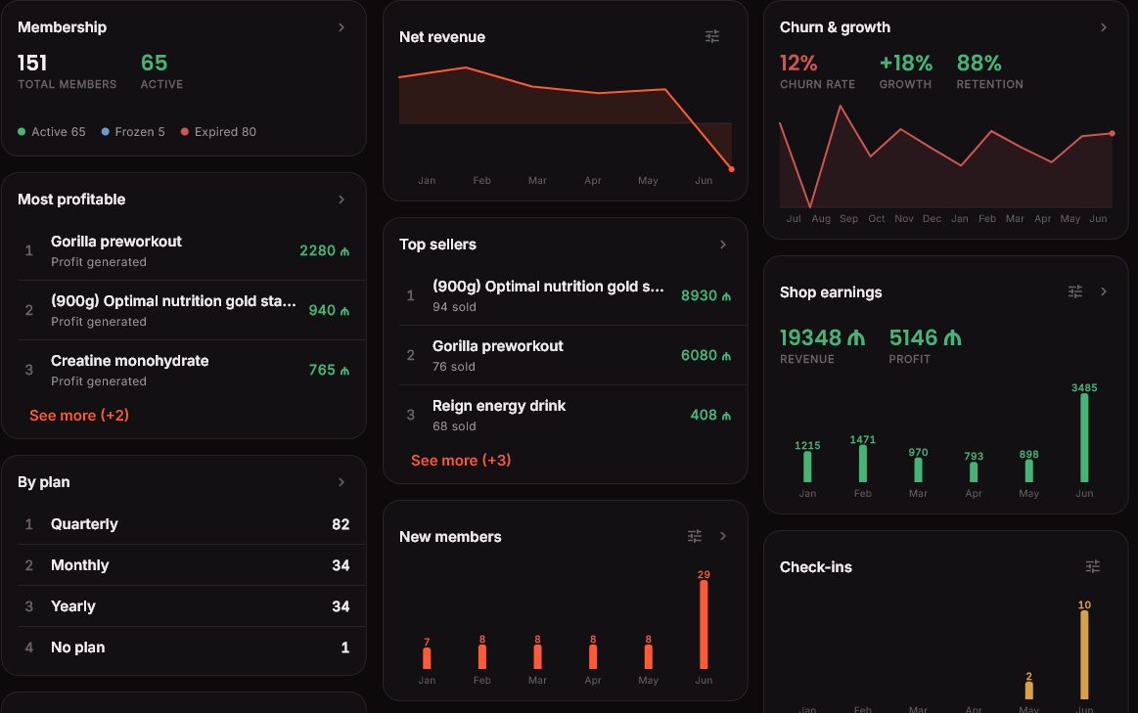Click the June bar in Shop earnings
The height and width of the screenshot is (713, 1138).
(x=1084, y=438)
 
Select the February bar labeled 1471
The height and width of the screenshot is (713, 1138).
(x=863, y=464)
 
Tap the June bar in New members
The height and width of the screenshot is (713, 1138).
(x=704, y=625)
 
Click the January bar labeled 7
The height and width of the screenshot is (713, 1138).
(x=427, y=658)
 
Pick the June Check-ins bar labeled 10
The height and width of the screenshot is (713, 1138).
(x=1084, y=655)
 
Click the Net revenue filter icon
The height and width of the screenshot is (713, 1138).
(x=712, y=36)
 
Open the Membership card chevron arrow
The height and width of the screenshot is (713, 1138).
(x=341, y=27)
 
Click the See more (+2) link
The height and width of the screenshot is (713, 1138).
(x=79, y=416)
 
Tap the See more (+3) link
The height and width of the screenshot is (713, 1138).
(x=461, y=461)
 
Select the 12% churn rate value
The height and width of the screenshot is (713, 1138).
(x=798, y=64)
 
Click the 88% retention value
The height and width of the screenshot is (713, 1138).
(x=979, y=64)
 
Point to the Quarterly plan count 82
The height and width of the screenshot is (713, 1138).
(x=341, y=524)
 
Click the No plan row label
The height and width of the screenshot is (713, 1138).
(x=77, y=647)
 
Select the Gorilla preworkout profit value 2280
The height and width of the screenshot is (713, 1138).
(x=318, y=251)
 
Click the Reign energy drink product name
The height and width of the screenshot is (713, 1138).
(x=499, y=406)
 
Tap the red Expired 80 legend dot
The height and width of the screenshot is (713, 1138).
(x=185, y=132)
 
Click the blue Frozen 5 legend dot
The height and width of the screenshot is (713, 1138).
(x=106, y=132)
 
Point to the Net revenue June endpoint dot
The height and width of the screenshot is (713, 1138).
(x=732, y=169)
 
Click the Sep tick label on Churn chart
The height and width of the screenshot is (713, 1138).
(x=849, y=219)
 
